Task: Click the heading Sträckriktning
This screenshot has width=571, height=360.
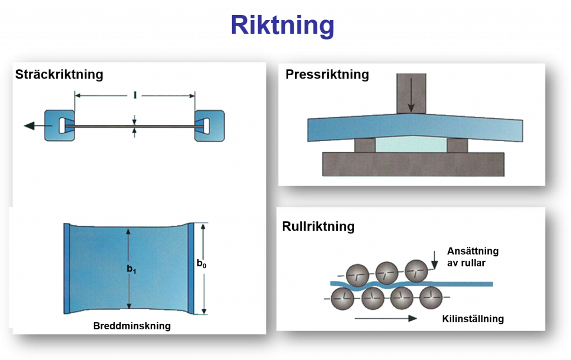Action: [59, 74]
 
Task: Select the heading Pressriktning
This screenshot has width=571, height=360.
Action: [327, 74]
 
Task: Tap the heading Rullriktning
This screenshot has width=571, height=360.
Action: [318, 226]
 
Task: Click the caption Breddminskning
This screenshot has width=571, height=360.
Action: [132, 326]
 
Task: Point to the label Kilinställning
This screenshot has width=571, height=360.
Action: [472, 319]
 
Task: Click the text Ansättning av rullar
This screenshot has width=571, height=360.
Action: [472, 257]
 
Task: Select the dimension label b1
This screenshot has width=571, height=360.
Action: [132, 270]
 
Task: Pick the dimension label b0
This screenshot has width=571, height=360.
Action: [202, 264]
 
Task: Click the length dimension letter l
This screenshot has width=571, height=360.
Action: [135, 95]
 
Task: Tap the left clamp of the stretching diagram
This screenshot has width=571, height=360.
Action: [60, 125]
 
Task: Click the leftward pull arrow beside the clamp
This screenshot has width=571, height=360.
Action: [33, 127]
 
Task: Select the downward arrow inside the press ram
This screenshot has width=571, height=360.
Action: [410, 101]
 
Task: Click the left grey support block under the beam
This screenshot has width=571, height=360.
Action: [364, 145]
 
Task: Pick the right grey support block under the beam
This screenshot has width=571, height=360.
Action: [457, 145]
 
